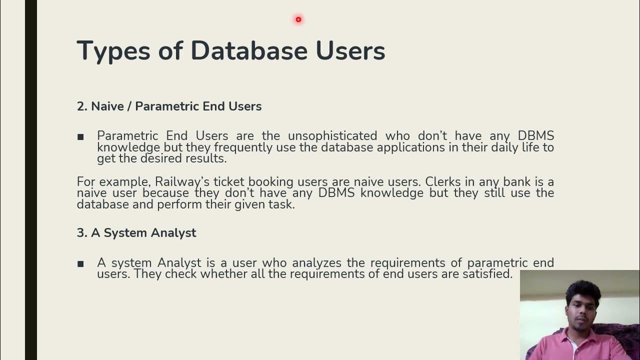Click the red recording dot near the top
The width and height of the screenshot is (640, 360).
pyautogui.click(x=298, y=19)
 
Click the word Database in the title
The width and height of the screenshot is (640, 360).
pyautogui.click(x=248, y=51)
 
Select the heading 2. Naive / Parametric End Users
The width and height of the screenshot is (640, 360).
pyautogui.click(x=169, y=106)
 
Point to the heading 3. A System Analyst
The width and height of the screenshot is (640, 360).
pyautogui.click(x=136, y=232)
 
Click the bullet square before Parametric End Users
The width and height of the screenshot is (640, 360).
pyautogui.click(x=80, y=136)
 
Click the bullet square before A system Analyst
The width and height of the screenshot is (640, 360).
pyautogui.click(x=80, y=263)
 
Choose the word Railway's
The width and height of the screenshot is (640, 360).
pyautogui.click(x=182, y=181)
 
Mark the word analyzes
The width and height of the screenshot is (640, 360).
pyautogui.click(x=317, y=262)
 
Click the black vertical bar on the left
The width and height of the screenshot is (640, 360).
pyautogui.click(x=30, y=180)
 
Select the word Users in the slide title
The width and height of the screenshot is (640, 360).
pyautogui.click(x=350, y=51)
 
